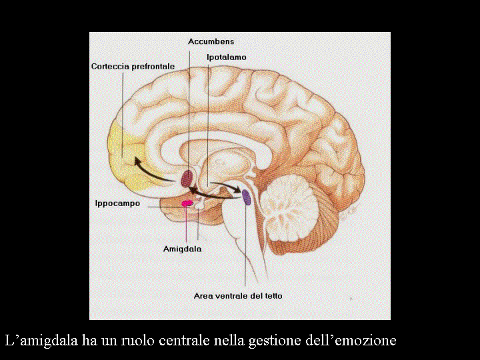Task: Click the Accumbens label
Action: click(211, 41)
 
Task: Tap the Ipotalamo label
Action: click(226, 57)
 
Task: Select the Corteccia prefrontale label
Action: click(133, 67)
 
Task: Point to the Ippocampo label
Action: click(117, 203)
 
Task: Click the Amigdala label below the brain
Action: click(182, 249)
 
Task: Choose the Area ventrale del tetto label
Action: click(242, 295)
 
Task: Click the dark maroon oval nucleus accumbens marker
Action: click(188, 178)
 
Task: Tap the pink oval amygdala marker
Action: click(188, 203)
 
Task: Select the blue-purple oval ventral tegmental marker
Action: click(246, 197)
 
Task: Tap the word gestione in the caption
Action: click(273, 341)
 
